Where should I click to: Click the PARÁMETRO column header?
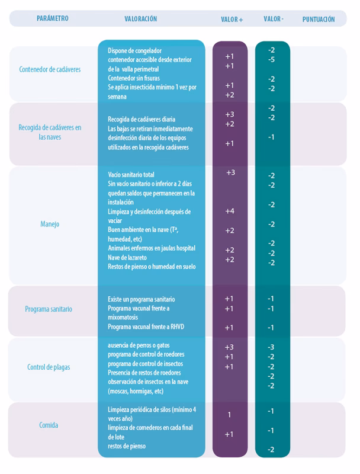coord(52,18)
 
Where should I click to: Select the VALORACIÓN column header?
coord(141,19)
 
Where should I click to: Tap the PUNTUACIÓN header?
coord(319,20)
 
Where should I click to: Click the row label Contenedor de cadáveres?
coord(50,69)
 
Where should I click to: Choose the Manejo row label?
coord(50,224)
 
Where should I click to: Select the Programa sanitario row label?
coord(49,309)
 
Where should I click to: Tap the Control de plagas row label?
coord(49,367)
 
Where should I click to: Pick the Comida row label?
coord(49,425)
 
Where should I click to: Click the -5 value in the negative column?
coord(271,60)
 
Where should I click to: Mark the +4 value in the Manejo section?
coord(230,211)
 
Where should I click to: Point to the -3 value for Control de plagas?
coord(271,347)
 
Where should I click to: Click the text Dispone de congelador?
coord(134,51)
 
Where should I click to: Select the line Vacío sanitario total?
coord(131,175)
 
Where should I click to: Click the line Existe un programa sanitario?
coord(142,299)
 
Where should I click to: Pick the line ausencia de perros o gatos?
coord(137,346)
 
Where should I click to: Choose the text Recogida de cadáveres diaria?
coord(142,119)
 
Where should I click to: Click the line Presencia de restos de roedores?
coord(144,373)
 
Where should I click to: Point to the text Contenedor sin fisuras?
coord(134,78)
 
